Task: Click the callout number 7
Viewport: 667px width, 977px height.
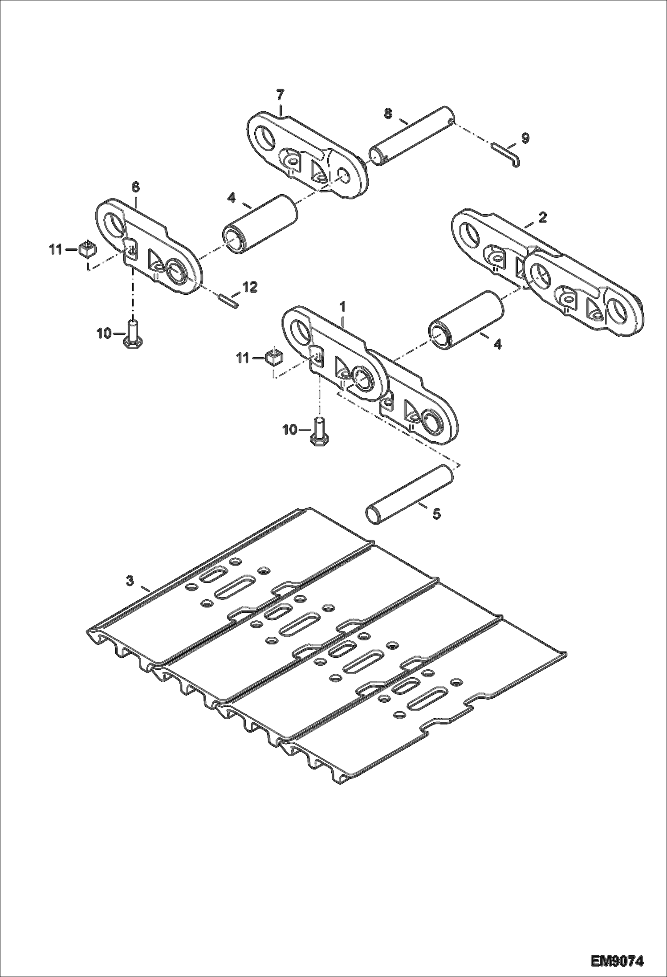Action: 280,94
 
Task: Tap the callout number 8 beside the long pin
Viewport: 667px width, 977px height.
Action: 388,114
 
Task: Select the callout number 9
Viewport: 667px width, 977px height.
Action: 525,138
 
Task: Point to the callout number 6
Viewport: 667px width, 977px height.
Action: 135,187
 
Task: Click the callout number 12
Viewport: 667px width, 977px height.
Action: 250,287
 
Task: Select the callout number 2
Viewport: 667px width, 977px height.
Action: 542,218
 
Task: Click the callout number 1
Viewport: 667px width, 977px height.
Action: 343,306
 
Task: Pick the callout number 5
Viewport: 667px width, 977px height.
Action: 436,514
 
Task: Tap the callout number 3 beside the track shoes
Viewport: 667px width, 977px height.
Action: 130,581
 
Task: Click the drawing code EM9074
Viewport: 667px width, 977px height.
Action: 617,959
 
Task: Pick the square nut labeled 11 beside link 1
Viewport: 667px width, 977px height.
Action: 275,357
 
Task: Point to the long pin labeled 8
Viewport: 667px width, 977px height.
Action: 412,135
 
